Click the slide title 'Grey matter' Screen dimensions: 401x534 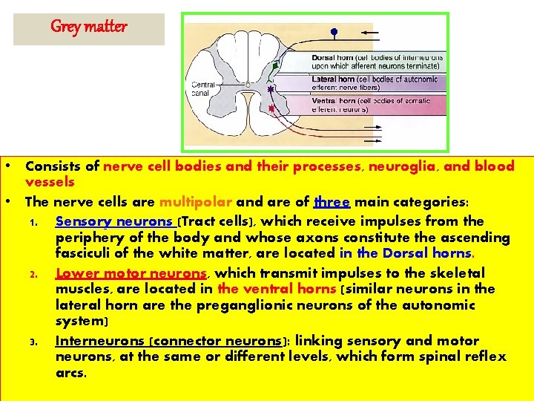click(88, 27)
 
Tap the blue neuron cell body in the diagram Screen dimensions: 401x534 click(334, 32)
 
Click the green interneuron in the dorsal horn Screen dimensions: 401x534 click(275, 65)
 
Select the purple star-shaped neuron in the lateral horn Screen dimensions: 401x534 click(271, 89)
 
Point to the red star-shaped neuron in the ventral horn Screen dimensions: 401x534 click(271, 108)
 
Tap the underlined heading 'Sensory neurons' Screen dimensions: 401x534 click(114, 221)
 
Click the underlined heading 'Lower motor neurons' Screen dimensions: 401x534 click(131, 273)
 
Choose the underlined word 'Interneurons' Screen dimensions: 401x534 click(100, 341)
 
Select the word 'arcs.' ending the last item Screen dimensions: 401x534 click(71, 373)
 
